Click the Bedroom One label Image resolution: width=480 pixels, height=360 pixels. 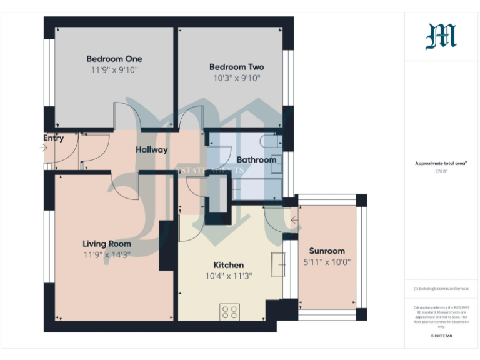coord(111,59)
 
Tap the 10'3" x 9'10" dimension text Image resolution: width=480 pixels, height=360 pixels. coord(236,78)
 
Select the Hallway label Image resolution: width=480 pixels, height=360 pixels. coord(152,149)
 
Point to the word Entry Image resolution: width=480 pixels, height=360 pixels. coord(53,138)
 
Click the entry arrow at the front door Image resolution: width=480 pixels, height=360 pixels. coord(43,148)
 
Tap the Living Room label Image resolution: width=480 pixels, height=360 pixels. coord(107,243)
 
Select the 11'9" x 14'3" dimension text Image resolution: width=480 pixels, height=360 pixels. coord(107,254)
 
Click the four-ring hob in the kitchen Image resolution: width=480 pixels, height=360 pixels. coord(229,311)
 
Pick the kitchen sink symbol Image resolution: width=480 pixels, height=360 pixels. coord(278,264)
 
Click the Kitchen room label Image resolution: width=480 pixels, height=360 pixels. coord(228,265)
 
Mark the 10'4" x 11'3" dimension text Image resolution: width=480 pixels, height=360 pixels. coord(228,277)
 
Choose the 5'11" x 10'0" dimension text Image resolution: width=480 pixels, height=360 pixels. coord(327,262)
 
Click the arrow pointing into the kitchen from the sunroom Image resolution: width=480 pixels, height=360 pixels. coord(294,220)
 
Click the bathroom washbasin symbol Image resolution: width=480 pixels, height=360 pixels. coord(276,162)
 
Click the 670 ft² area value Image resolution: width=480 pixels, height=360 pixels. coord(441,170)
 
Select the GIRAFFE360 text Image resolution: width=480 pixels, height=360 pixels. coord(441,336)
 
